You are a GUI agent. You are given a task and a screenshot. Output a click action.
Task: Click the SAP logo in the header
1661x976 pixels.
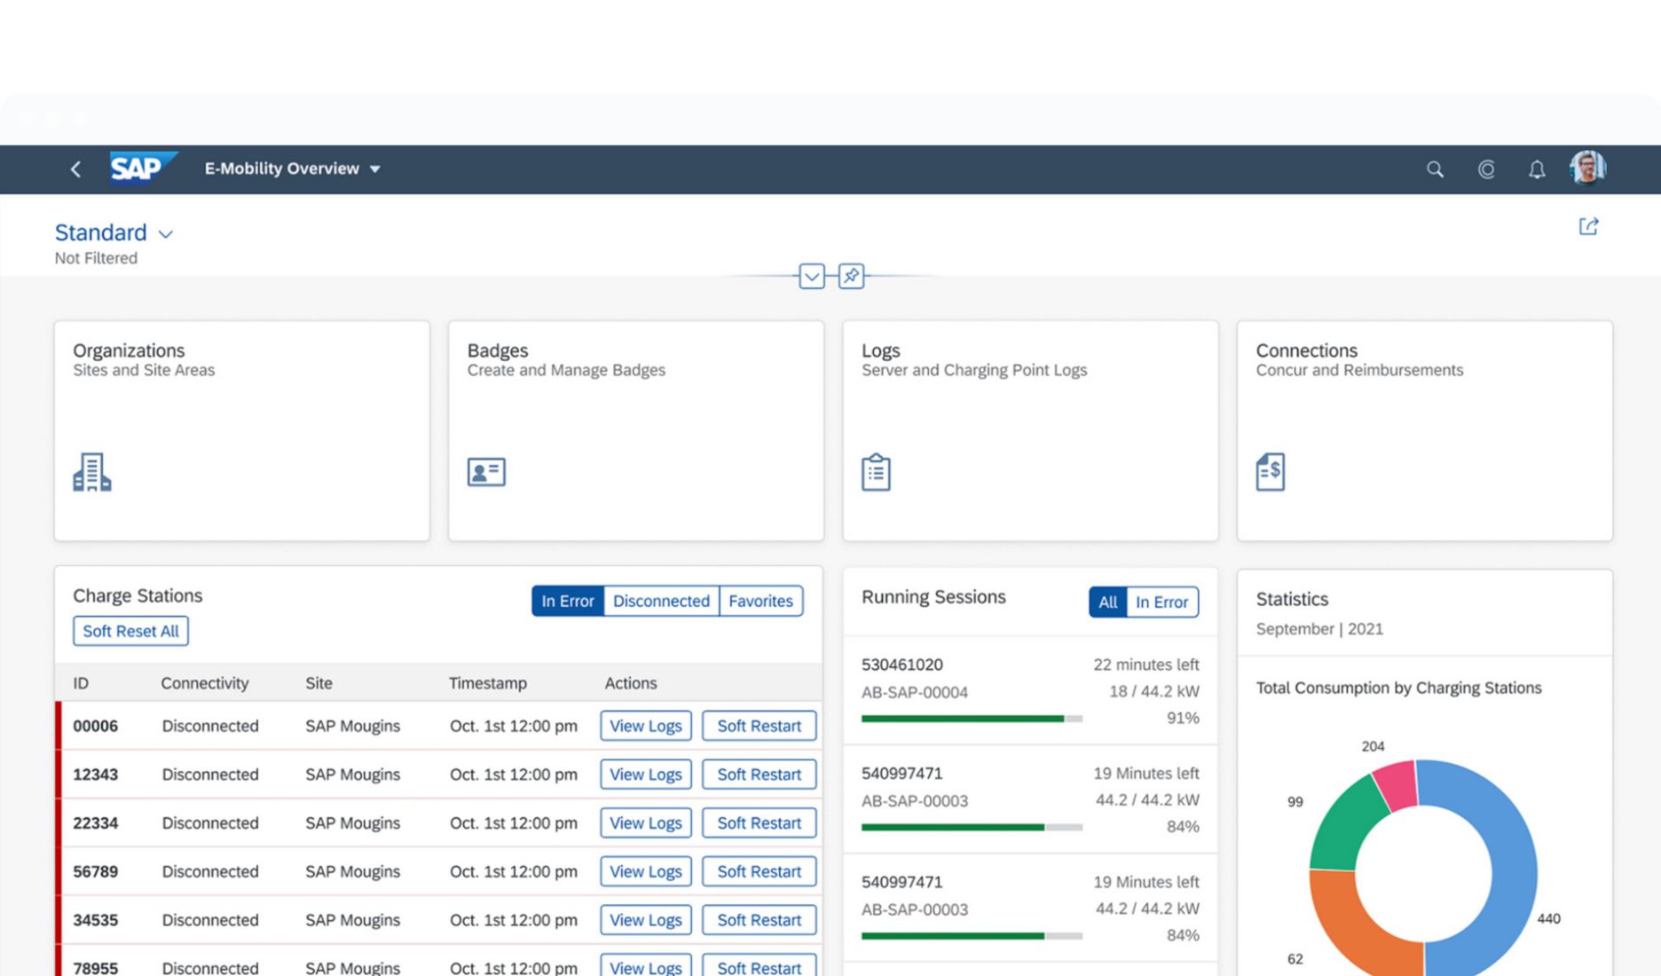[140, 168]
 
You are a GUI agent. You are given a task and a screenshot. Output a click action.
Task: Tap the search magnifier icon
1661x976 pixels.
[1434, 169]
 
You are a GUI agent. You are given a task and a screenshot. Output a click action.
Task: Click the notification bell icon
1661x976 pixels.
[1537, 169]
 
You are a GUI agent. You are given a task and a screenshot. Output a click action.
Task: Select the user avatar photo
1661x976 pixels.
[1587, 168]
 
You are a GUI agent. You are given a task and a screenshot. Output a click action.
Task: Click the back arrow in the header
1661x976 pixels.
[76, 169]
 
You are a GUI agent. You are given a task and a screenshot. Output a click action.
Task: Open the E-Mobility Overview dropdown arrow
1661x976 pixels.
[375, 169]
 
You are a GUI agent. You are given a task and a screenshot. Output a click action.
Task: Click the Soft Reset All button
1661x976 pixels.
[130, 631]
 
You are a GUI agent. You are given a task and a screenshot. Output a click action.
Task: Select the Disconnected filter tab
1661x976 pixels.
[661, 601]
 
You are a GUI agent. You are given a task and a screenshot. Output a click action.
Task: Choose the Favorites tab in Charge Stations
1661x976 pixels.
[760, 601]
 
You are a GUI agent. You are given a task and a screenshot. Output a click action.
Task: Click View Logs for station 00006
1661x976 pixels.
[645, 726]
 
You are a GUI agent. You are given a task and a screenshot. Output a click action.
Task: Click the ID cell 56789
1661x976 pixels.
[95, 871]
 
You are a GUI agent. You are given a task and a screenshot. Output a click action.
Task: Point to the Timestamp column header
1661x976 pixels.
[487, 683]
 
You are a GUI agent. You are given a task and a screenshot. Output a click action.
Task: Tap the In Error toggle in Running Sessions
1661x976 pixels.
[1161, 602]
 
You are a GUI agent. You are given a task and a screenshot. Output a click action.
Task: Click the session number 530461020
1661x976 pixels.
[901, 665]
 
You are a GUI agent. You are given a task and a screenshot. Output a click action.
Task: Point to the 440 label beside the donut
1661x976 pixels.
[1548, 919]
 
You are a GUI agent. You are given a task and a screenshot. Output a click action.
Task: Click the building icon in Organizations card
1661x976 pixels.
[91, 472]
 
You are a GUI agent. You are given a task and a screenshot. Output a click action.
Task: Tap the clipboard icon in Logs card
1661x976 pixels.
[876, 472]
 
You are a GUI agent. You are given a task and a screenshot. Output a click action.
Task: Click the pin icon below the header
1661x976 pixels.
[851, 276]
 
